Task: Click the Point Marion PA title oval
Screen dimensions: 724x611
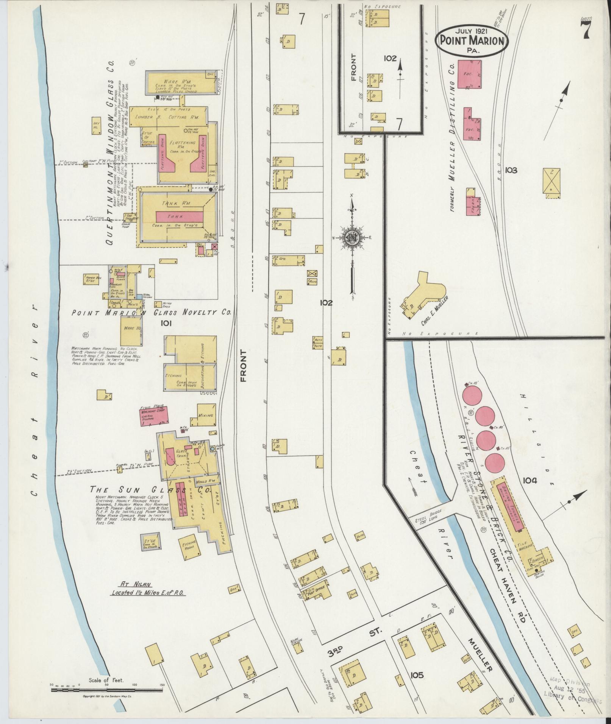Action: click(x=472, y=40)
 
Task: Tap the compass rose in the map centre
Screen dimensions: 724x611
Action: click(x=352, y=237)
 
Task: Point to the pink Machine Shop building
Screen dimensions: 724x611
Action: click(x=155, y=415)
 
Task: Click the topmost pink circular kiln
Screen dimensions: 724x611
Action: click(x=472, y=392)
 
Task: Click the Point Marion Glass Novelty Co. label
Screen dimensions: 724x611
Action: click(x=152, y=312)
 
